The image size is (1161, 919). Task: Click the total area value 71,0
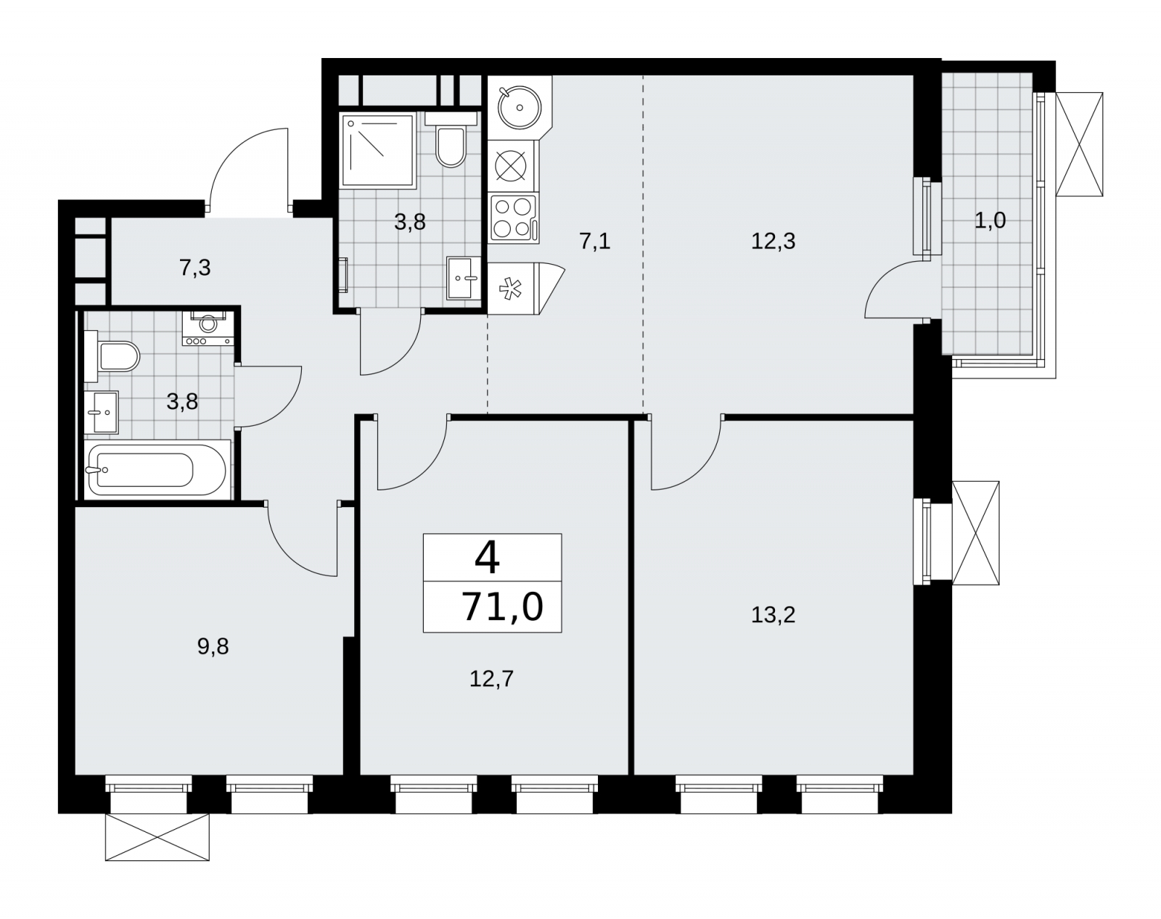pos(502,606)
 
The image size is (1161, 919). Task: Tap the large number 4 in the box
pos(487,559)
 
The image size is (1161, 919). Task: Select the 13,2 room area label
pos(773,615)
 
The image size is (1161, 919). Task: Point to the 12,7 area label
pos(491,678)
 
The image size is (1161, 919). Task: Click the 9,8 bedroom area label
pos(213,646)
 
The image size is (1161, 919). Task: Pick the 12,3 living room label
pos(773,241)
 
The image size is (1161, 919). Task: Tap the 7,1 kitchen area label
pos(594,241)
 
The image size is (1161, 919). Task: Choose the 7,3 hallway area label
pos(194,268)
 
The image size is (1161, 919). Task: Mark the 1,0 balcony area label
pos(990,220)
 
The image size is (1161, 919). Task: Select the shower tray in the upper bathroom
pos(378,150)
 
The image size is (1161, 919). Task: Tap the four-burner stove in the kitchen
pos(513,218)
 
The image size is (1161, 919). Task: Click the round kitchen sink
pos(520,107)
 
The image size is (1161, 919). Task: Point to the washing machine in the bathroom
pos(208,328)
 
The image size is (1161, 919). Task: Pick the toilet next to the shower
pos(451,139)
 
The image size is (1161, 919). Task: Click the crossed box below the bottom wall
pos(157,837)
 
